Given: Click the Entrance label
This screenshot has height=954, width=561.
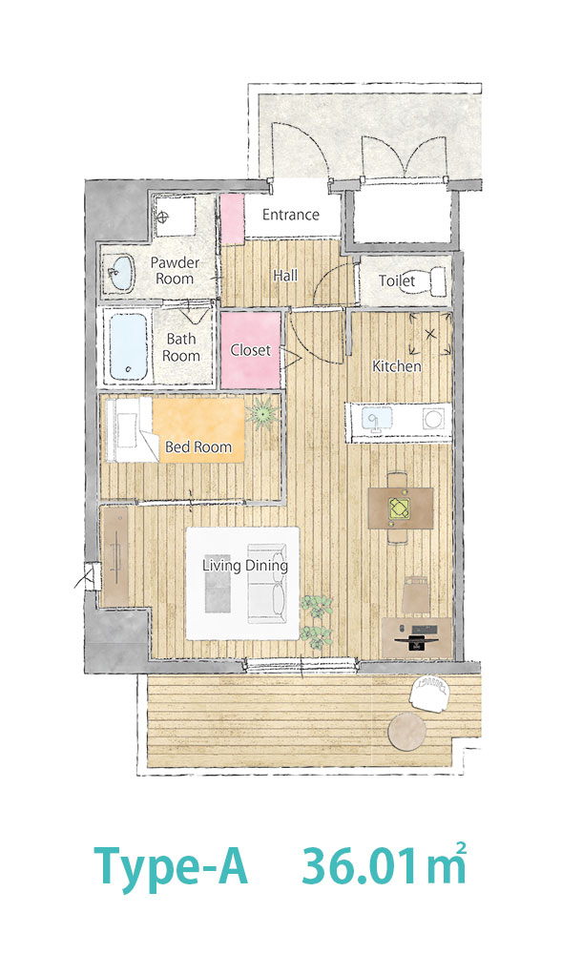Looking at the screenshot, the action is (291, 214).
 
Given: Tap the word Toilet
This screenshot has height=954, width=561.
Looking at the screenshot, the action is (397, 280).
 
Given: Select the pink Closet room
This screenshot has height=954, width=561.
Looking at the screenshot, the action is (251, 350).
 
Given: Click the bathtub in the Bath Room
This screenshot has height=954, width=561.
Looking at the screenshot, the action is (129, 347).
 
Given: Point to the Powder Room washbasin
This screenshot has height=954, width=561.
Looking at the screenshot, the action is (121, 272).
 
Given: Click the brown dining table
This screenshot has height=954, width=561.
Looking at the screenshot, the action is (401, 508).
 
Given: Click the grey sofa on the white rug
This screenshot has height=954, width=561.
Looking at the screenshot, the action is (267, 584).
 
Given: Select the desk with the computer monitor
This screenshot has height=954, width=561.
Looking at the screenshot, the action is (416, 637).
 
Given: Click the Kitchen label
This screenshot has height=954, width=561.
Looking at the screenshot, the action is (397, 366).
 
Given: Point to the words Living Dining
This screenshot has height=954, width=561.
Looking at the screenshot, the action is (245, 566).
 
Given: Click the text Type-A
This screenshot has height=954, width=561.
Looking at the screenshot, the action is (171, 866).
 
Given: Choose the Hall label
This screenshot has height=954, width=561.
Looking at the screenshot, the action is (285, 276).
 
